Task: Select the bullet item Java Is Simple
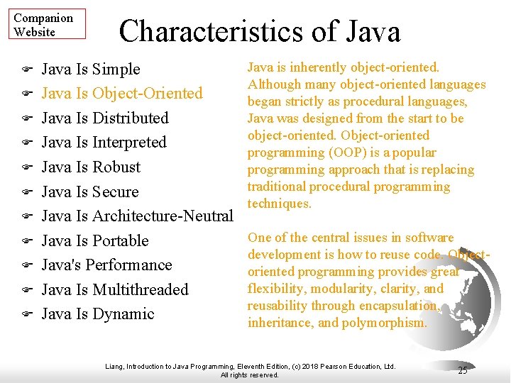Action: pos(91,70)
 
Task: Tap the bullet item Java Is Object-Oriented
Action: pos(122,94)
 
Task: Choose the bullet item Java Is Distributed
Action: pos(105,118)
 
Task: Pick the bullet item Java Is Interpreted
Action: pos(104,143)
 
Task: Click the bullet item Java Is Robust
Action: pos(91,167)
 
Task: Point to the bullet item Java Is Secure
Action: pos(90,191)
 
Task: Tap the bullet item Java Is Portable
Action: pos(95,240)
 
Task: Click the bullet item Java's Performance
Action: pos(107,265)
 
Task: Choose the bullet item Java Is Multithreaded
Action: pos(115,289)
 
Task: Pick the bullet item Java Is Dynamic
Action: pos(98,314)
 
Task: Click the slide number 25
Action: pos(463,370)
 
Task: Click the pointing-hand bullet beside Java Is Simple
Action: pos(26,70)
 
